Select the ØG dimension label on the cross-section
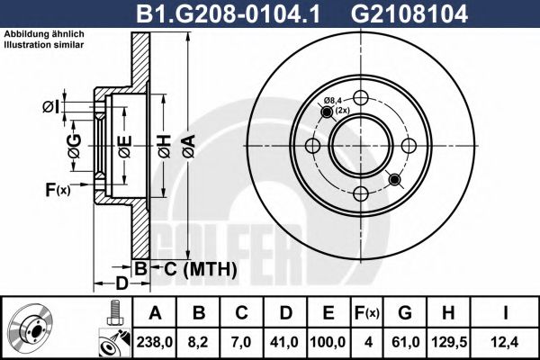pos(74,143)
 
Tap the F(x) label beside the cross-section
pos(57,189)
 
